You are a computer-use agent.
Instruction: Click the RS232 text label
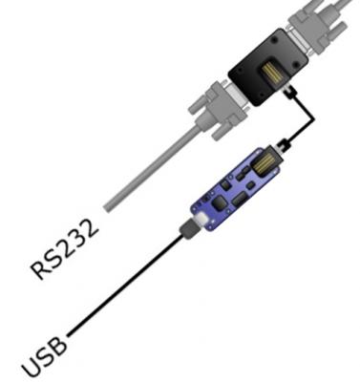64,249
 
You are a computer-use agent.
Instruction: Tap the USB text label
45,357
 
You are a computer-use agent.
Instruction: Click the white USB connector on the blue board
201,220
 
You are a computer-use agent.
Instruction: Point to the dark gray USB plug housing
188,229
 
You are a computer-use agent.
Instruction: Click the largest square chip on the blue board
220,202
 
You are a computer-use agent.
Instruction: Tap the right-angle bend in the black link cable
313,119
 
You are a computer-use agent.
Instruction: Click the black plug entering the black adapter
289,93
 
